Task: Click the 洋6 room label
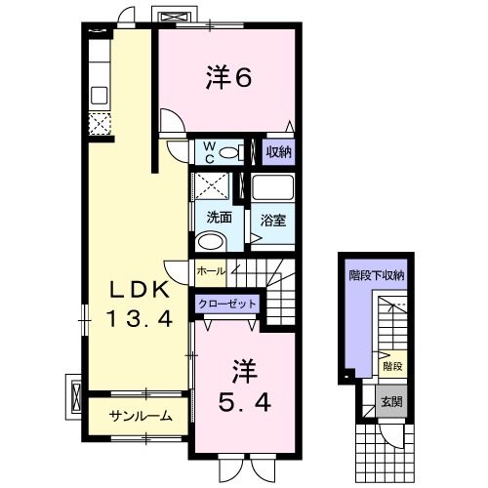(x=230, y=78)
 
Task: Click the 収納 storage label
(x=279, y=151)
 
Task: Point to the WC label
(x=207, y=151)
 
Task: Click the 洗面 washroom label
(x=218, y=218)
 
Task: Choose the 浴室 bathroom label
(x=272, y=221)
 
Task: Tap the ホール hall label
(x=211, y=270)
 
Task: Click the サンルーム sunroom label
(x=141, y=415)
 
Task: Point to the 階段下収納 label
(x=377, y=276)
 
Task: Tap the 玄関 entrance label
(x=390, y=400)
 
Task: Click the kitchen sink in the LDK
(x=100, y=95)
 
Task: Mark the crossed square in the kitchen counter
(x=99, y=123)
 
